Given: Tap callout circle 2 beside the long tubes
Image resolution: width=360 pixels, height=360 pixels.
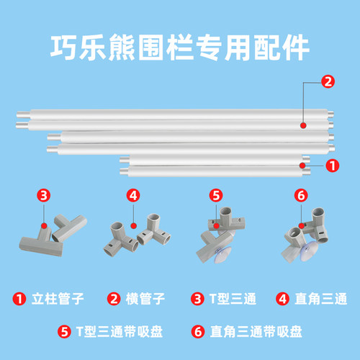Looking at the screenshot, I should [x=327, y=82].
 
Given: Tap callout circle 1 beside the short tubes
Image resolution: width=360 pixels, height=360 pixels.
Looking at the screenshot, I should [x=332, y=165].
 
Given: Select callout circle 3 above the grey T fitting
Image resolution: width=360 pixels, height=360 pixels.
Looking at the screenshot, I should [x=44, y=194].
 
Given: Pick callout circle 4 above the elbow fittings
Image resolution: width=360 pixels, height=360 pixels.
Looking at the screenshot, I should [x=132, y=194].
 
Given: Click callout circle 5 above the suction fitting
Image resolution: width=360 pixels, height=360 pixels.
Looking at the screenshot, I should [x=217, y=194].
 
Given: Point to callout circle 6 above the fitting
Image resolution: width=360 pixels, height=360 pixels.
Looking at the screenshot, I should [x=300, y=194].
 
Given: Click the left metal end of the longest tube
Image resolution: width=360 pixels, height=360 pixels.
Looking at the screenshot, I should [x=24, y=117].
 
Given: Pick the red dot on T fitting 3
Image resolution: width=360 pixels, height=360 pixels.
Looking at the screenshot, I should [x=44, y=225].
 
